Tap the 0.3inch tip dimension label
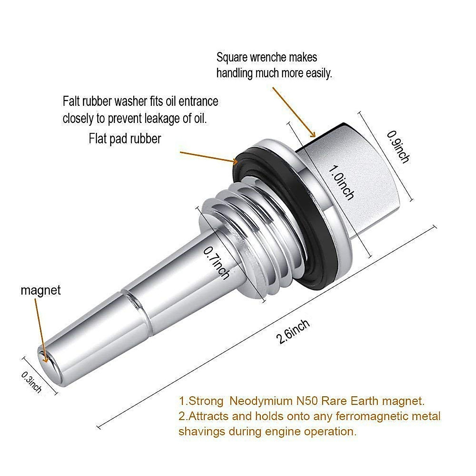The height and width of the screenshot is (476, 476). (32, 382)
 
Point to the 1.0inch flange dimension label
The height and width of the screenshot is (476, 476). (341, 182)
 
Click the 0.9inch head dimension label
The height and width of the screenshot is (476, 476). (398, 146)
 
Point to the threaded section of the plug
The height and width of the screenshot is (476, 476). (254, 230)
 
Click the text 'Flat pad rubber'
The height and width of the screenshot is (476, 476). (125, 138)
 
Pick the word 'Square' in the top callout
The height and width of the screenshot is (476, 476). (232, 58)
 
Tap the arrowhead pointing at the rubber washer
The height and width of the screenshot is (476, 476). (235, 161)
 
